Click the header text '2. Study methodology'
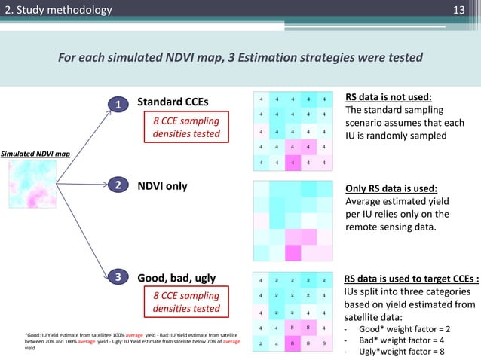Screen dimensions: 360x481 click(x=57, y=10)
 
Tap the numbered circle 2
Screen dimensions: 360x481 click(x=117, y=185)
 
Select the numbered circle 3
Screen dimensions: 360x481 click(x=117, y=279)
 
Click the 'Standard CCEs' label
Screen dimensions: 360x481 click(x=173, y=102)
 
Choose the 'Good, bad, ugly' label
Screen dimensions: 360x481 click(x=176, y=278)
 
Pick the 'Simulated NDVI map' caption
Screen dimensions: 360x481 click(x=35, y=154)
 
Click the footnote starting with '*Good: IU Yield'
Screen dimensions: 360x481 click(x=133, y=340)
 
